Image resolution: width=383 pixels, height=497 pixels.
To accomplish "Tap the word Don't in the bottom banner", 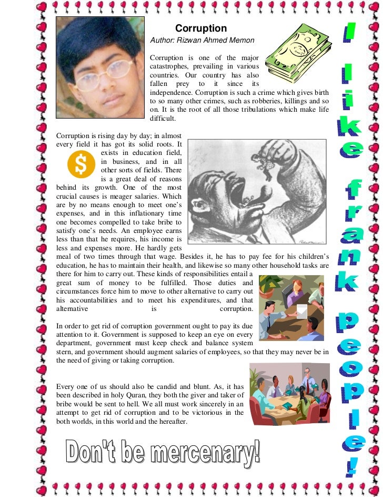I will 88,453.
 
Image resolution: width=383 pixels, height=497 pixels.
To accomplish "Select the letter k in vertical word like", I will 349,125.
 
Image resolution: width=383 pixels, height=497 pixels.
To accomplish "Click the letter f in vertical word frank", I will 349,188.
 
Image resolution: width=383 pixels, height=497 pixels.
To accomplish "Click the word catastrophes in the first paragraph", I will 172,66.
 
